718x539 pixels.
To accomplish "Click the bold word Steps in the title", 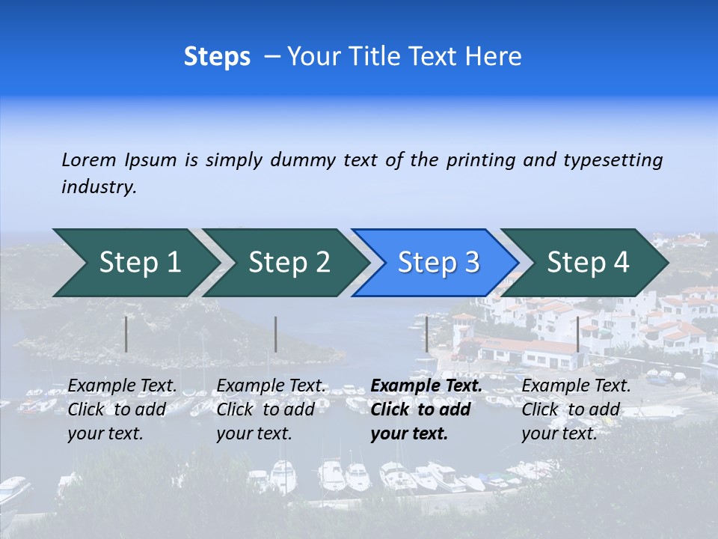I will point(217,57).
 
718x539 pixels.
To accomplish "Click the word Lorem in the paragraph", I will point(88,159).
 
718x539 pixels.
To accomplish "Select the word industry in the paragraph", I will point(99,186).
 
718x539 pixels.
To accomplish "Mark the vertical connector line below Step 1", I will point(126,334).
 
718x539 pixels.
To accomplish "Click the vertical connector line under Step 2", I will point(276,334).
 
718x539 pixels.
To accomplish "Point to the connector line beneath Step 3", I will point(426,334).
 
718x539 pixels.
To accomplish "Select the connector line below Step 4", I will point(577,334).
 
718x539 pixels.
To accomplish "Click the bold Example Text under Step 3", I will point(426,386).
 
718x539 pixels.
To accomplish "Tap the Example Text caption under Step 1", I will point(123,386).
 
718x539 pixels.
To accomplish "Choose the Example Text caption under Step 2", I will point(271,386).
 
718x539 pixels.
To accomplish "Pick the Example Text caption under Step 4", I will point(576,386).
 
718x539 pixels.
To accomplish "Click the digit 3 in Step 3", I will point(471,263).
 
